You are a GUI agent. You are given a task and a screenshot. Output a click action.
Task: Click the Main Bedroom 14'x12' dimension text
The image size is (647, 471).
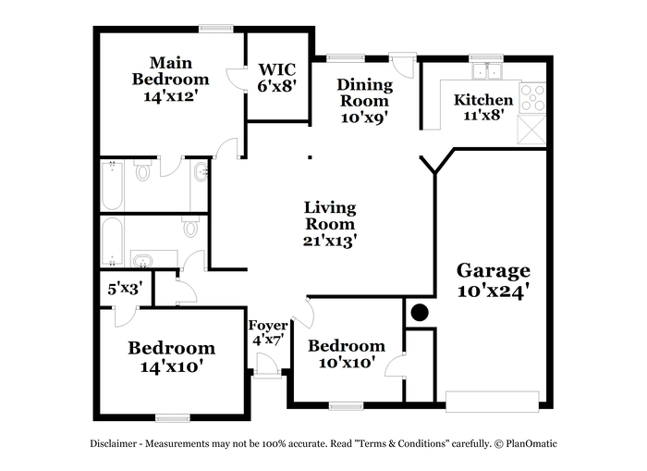[170, 96]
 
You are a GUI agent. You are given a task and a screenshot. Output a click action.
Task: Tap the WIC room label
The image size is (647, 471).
[277, 69]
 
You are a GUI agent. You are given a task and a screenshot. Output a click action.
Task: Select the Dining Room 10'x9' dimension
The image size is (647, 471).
[365, 118]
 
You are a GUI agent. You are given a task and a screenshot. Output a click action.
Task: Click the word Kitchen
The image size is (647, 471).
[483, 100]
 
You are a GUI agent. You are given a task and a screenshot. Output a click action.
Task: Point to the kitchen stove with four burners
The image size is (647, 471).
[533, 98]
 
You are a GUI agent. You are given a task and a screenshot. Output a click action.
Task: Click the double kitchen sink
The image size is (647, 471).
[487, 70]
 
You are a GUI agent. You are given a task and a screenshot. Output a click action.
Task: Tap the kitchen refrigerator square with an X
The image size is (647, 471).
[531, 130]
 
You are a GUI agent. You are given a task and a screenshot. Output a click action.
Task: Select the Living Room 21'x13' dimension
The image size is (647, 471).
[330, 241]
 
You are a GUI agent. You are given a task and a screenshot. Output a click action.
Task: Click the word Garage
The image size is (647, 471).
[493, 271]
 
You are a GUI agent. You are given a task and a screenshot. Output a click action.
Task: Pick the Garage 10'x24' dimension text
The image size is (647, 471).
[493, 291]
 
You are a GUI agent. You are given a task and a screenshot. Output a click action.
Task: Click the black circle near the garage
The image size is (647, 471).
[420, 313]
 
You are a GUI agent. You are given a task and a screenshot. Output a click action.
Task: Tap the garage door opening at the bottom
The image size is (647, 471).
[493, 402]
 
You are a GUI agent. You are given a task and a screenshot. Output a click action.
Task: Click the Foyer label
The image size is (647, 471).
[268, 325]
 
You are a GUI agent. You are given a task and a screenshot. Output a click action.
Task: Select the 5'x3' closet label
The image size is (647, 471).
[125, 289]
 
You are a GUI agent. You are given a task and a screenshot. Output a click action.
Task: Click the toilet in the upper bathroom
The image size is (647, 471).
[142, 170]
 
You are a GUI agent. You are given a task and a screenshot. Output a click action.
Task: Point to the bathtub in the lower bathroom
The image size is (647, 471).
[112, 242]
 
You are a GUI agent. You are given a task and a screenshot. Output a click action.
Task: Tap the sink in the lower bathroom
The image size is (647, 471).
[142, 261]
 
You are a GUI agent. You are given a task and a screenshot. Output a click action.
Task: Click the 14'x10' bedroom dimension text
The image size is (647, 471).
[171, 366]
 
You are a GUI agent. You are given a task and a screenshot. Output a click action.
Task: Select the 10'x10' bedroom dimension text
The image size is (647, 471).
[347, 363]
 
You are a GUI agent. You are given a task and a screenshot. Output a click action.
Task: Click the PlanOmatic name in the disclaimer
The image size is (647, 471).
[531, 444]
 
